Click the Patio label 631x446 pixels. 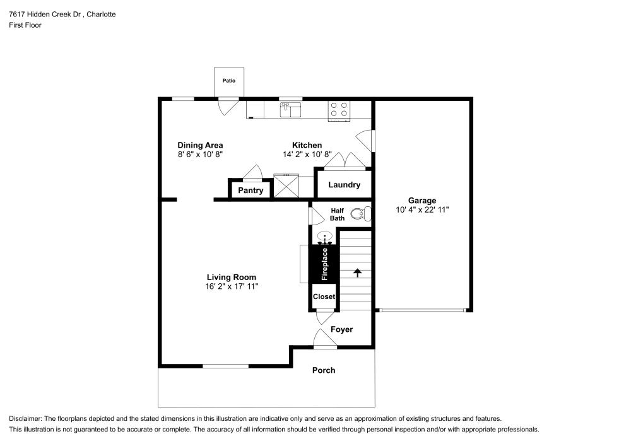tap(228, 81)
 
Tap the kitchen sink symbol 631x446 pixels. tap(291, 110)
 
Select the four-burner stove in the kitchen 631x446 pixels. tap(339, 110)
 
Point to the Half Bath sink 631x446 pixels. tap(325, 238)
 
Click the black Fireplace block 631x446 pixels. tap(324, 264)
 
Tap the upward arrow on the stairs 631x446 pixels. tap(357, 273)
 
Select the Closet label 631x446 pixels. tap(324, 296)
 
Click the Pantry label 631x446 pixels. tap(251, 191)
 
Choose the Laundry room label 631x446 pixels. tap(344, 185)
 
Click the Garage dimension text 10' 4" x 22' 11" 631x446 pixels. tap(422, 210)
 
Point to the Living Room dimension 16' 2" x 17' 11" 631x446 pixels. tap(232, 286)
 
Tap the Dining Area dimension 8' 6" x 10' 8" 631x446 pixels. tap(200, 154)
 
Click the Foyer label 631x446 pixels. tap(341, 329)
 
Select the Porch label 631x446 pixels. tap(324, 370)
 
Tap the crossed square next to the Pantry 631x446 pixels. tap(285, 185)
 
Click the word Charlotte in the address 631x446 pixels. tap(101, 14)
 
